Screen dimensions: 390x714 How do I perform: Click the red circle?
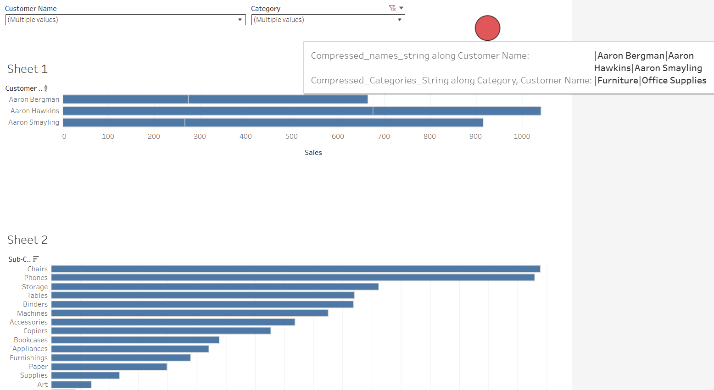487,28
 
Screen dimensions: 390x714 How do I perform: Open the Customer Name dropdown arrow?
240,20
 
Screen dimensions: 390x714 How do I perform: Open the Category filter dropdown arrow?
400,20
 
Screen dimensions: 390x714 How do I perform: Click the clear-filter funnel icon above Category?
392,8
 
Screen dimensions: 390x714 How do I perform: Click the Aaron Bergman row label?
34,99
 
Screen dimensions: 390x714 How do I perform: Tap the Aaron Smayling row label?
33,122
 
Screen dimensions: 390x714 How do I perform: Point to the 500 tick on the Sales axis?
291,137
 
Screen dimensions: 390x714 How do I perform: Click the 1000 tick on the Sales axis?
522,137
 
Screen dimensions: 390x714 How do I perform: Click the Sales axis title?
313,153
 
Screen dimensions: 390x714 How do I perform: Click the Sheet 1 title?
28,69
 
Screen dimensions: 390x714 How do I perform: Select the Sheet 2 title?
28,240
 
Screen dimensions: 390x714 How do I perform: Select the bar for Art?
71,385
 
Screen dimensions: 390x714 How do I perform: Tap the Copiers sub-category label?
35,331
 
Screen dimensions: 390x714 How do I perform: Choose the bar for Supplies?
85,375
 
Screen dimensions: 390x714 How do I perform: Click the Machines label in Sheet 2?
32,313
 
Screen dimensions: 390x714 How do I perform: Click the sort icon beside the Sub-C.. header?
36,259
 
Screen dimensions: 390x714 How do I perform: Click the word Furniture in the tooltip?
618,80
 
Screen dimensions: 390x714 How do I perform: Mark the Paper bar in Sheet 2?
109,367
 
